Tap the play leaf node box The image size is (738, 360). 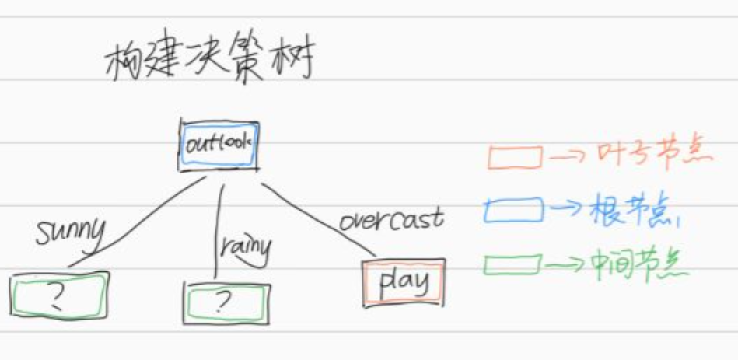point(403,282)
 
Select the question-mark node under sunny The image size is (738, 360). point(58,295)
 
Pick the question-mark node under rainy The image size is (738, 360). point(226,302)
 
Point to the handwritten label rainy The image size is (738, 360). point(244,247)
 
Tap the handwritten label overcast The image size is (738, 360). point(391,219)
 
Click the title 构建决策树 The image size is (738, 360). point(208,61)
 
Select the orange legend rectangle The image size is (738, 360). point(515,157)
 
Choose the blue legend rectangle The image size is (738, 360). point(513,209)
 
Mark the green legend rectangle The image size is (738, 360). point(512,264)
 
